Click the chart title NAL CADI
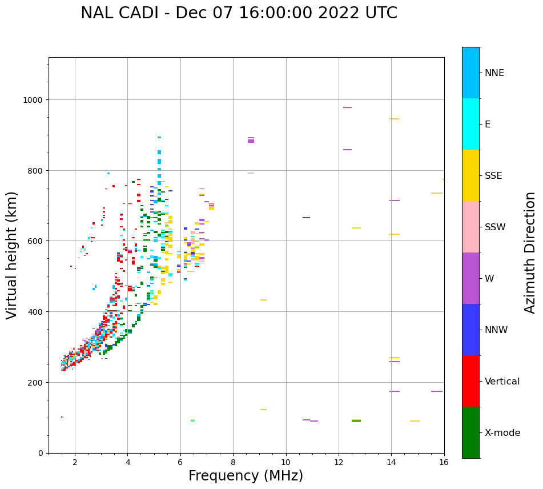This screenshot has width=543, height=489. click(x=239, y=13)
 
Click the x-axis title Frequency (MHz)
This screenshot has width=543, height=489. click(x=246, y=476)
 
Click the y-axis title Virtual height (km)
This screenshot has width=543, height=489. click(x=12, y=255)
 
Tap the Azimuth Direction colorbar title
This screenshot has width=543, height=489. click(x=530, y=252)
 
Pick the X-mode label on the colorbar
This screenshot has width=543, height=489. click(x=502, y=432)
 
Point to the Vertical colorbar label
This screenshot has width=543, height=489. click(x=502, y=381)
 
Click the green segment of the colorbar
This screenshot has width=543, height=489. click(x=470, y=432)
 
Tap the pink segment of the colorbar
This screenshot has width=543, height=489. click(x=470, y=227)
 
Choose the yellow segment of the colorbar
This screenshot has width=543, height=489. click(x=470, y=175)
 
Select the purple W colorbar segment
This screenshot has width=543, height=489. click(x=470, y=278)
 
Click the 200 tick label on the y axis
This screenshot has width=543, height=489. click(x=36, y=382)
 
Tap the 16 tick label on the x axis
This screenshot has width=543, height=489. click(x=444, y=463)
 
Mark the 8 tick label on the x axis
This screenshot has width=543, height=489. click(x=233, y=463)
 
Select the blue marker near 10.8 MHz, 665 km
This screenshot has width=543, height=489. click(x=307, y=218)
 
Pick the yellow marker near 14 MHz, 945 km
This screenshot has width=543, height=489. click(x=394, y=119)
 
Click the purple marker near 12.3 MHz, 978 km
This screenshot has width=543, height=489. click(x=347, y=107)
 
